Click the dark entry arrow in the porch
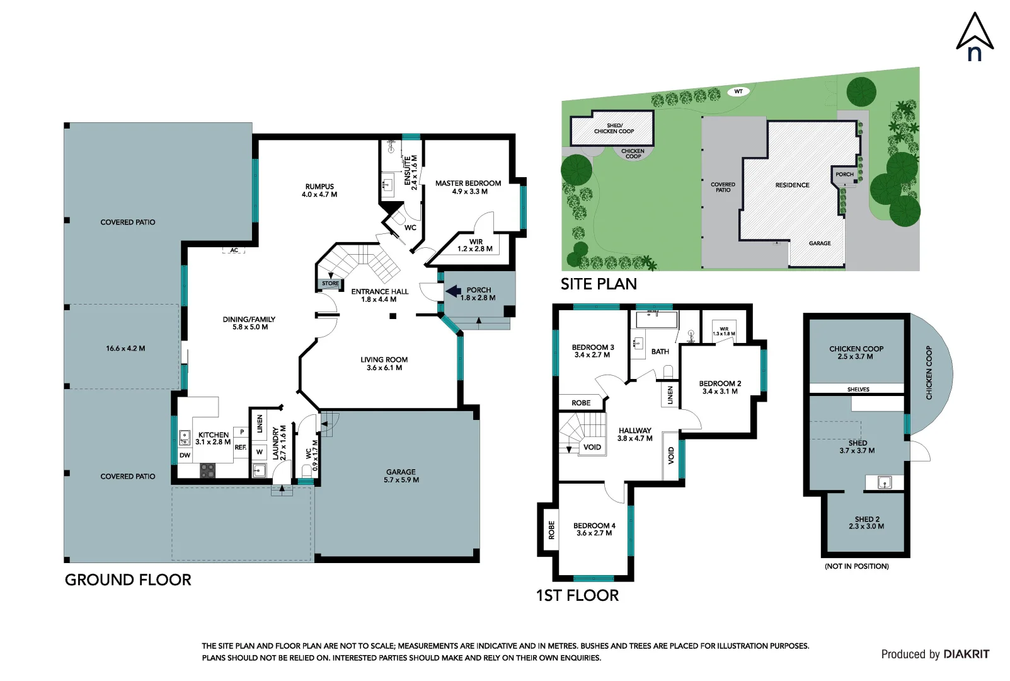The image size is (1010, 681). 454,291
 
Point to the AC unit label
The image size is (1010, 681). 234,250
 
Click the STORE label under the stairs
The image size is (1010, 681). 330,284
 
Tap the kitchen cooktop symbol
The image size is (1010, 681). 207,470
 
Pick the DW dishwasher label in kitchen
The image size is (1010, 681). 185,455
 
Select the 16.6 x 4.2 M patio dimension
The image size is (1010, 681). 125,348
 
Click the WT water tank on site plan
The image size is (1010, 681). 738,91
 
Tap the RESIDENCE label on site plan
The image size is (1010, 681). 792,185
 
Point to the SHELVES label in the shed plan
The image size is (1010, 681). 858,389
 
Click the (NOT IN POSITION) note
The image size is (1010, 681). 856,566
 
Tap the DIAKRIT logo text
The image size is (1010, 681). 966,655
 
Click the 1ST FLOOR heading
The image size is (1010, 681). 577,595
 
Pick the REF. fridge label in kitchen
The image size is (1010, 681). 241,447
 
